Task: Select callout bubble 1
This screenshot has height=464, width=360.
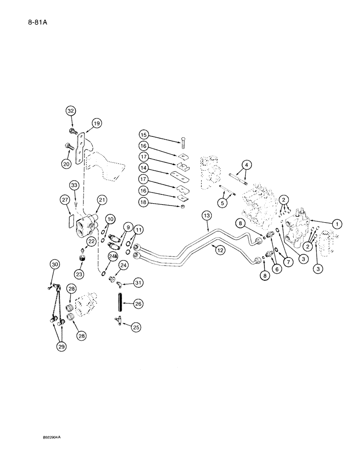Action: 338,224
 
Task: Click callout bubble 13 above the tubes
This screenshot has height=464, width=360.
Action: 207,215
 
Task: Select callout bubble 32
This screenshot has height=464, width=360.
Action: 71,111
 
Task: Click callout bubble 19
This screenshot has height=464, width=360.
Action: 96,123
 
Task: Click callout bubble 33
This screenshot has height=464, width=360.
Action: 74,186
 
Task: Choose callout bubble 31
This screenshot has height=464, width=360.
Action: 138,282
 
